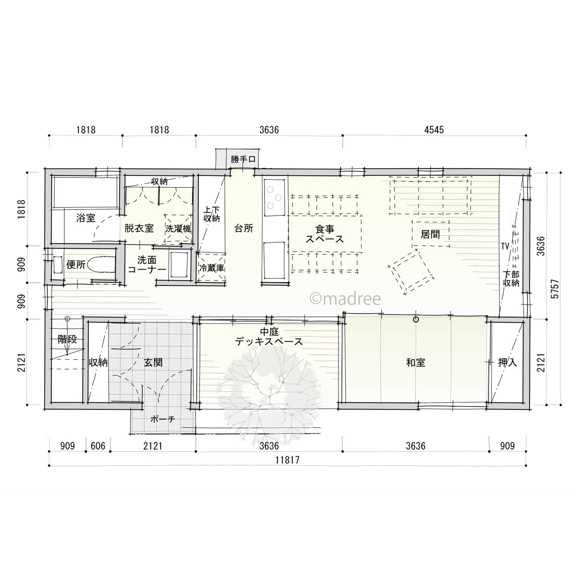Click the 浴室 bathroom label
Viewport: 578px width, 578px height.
[x=86, y=218]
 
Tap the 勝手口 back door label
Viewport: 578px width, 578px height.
[x=243, y=159]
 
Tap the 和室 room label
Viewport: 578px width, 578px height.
[x=416, y=363]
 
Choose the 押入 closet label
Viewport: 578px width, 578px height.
[x=508, y=363]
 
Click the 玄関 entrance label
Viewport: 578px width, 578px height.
[x=153, y=363]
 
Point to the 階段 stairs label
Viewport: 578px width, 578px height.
[x=67, y=340]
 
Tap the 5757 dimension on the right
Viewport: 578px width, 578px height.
[x=555, y=289]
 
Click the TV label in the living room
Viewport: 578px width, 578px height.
[x=505, y=246]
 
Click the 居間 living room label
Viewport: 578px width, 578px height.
[x=430, y=234]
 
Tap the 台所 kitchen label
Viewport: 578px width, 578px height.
[x=244, y=228]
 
